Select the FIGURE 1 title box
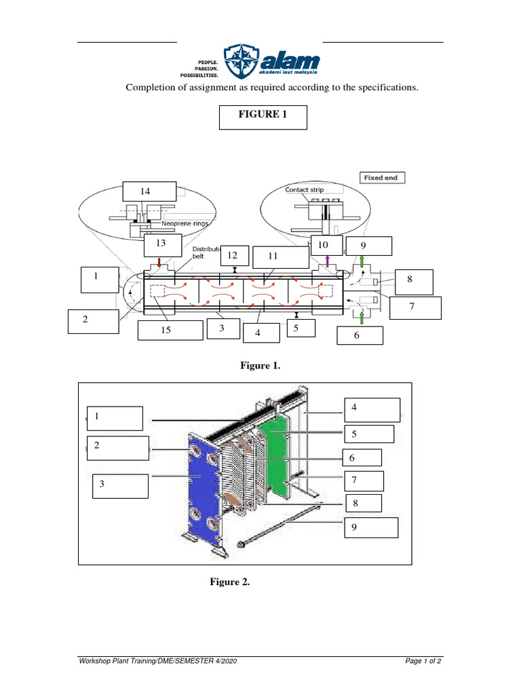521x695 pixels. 263,117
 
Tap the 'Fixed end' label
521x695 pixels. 382,178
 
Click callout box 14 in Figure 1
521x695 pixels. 149,192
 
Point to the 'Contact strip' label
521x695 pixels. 304,190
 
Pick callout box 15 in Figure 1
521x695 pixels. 170,331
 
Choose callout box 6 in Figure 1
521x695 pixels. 360,335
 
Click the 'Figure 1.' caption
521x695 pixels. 260,366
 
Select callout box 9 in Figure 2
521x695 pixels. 372,527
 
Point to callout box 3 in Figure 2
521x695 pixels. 120,485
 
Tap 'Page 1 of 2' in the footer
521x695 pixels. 423,661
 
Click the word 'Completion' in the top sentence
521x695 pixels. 149,88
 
